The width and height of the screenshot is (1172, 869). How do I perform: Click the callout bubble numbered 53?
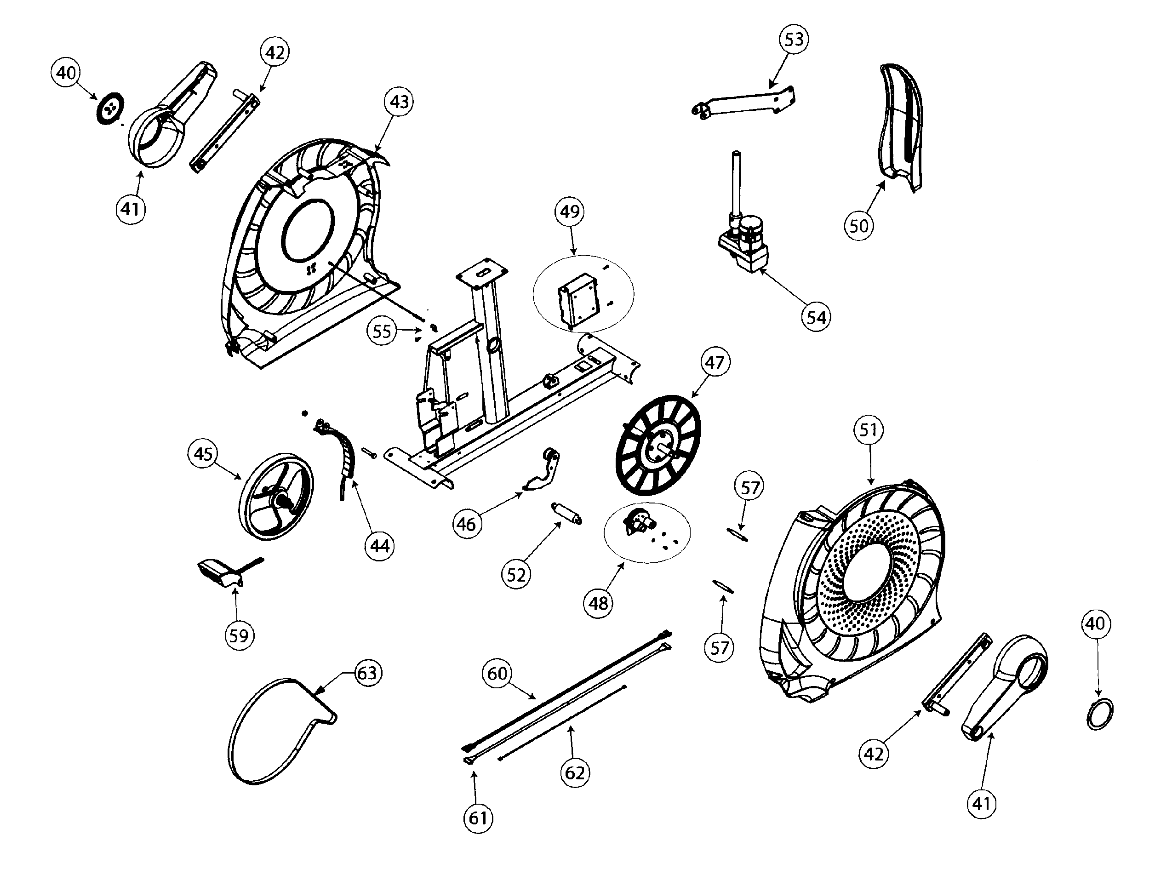coord(794,40)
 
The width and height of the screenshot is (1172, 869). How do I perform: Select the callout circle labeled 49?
coord(570,212)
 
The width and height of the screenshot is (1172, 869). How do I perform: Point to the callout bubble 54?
coord(816,317)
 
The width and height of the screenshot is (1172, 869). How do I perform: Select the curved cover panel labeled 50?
coord(901,126)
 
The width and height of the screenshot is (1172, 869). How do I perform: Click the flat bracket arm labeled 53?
coord(744,103)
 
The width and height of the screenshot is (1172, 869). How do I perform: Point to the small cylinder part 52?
coord(566,514)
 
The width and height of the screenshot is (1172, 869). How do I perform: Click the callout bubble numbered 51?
coord(868,430)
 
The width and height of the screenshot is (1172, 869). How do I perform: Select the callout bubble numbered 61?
coord(478,818)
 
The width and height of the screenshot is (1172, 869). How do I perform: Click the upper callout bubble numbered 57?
coord(749,488)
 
